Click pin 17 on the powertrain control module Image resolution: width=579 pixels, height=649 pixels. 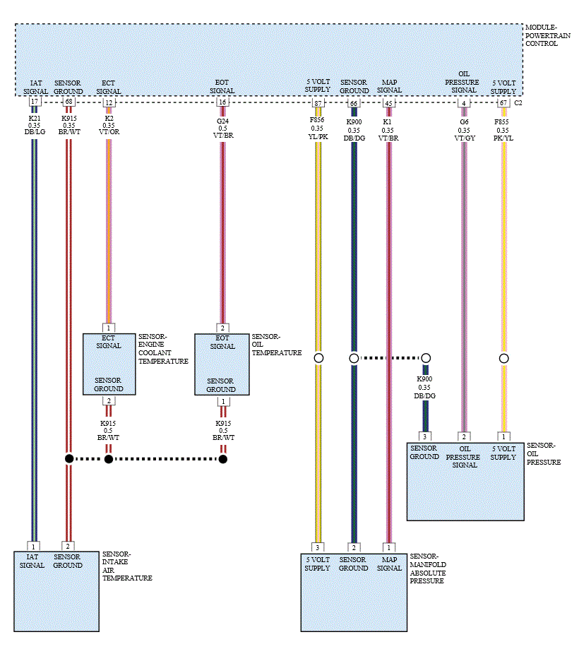pos(35,102)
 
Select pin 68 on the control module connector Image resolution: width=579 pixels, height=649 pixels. pos(68,102)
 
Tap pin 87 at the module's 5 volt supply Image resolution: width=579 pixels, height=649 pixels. pos(318,103)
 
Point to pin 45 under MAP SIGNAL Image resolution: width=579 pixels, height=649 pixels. pos(388,103)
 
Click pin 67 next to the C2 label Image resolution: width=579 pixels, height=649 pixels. pos(503,102)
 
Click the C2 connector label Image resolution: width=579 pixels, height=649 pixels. pos(518,102)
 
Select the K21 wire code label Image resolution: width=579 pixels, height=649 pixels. pos(35,119)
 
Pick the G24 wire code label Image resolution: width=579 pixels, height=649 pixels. pos(222,121)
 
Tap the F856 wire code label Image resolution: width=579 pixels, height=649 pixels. pos(317,120)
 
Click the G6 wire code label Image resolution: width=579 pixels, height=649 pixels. pos(464,121)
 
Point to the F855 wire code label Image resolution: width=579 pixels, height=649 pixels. pos(501,121)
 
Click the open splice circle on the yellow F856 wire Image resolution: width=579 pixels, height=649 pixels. pos(318,358)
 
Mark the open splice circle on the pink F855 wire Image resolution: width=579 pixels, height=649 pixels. pos(503,359)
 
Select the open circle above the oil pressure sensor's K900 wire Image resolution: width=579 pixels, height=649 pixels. pos(426,358)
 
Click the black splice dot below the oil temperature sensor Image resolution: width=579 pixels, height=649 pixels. pos(223,459)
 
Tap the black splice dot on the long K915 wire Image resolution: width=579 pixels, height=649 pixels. pos(69,458)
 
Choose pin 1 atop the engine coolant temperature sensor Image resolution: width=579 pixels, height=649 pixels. pos(109,328)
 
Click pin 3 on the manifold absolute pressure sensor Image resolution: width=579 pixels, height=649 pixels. pos(318,547)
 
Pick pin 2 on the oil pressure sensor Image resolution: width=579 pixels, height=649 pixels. pos(464,436)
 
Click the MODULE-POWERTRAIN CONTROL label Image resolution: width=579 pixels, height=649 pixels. pos(547,35)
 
